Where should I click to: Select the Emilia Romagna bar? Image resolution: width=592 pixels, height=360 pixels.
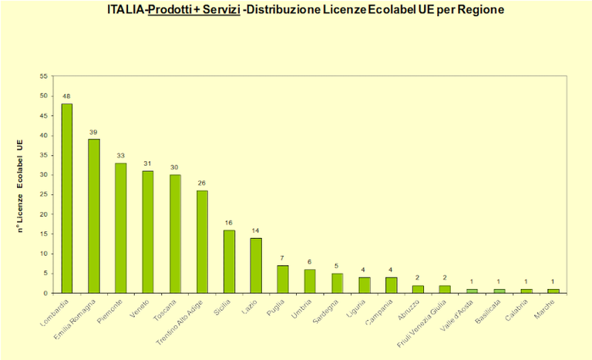pyautogui.click(x=94, y=216)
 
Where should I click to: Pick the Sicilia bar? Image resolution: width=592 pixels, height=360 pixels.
pyautogui.click(x=229, y=261)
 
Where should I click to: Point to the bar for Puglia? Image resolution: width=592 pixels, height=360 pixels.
pyautogui.click(x=283, y=279)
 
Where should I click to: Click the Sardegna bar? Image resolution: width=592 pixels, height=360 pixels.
pyautogui.click(x=337, y=283)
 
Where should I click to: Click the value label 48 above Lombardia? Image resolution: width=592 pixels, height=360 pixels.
pyautogui.click(x=67, y=96)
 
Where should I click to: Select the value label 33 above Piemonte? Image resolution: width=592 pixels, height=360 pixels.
pyautogui.click(x=121, y=155)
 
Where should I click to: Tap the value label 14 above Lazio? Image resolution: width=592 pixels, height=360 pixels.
pyautogui.click(x=256, y=230)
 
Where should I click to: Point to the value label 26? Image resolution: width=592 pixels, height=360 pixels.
pyautogui.click(x=202, y=183)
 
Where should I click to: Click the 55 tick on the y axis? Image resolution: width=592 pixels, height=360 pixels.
pyautogui.click(x=43, y=76)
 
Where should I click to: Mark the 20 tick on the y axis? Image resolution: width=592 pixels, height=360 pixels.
pyautogui.click(x=43, y=214)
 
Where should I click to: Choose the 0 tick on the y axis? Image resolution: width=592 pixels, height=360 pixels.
pyautogui.click(x=45, y=293)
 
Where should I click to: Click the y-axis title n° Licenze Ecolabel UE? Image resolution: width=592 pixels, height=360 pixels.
pyautogui.click(x=21, y=184)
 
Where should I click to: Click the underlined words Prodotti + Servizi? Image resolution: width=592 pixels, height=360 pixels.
pyautogui.click(x=193, y=12)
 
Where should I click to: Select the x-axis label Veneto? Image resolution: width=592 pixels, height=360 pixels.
pyautogui.click(x=140, y=307)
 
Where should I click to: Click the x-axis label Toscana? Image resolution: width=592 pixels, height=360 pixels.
pyautogui.click(x=166, y=308)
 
